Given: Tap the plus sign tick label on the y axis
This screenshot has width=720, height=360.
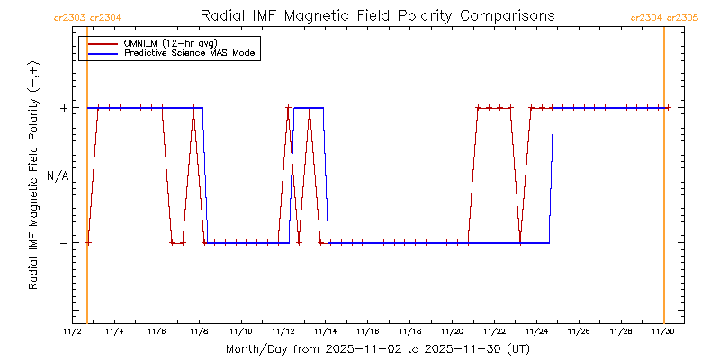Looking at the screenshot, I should (x=64, y=108).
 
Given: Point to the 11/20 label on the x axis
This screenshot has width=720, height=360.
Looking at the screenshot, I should (x=452, y=331).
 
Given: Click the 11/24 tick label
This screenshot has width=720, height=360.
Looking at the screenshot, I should (x=536, y=331).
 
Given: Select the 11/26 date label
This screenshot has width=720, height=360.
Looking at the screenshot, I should (x=579, y=331).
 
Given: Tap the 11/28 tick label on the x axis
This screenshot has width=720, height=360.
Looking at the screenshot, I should (x=621, y=331).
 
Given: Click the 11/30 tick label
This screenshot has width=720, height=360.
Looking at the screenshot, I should (x=663, y=331).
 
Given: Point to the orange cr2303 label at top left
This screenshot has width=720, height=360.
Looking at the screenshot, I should (x=69, y=17).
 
